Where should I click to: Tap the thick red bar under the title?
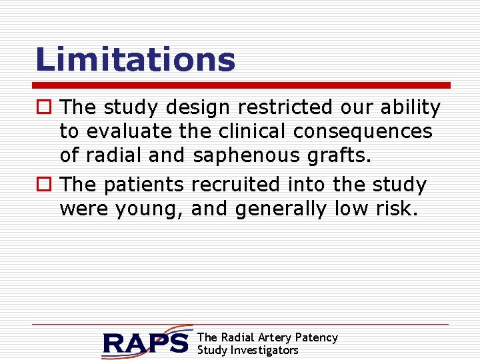242,85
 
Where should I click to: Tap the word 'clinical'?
245,132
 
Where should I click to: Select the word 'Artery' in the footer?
273,337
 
